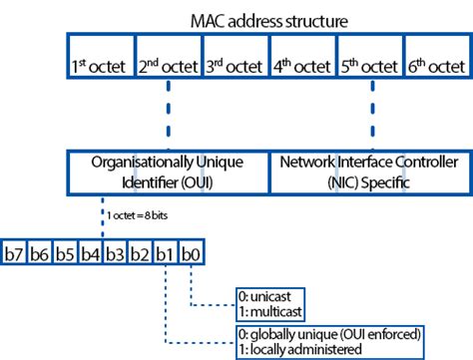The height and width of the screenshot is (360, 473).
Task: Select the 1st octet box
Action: pos(99,66)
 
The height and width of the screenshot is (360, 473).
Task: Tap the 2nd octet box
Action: pos(167,66)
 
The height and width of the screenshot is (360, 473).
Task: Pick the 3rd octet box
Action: pos(235,66)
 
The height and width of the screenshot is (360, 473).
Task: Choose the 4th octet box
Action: pos(302,66)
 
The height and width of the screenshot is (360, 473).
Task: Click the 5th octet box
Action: pos(370,66)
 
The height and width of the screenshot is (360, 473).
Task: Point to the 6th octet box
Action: pos(435,66)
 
